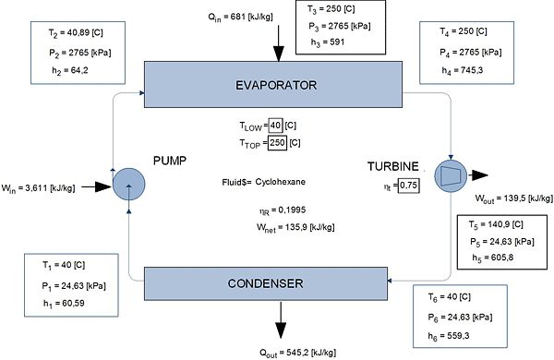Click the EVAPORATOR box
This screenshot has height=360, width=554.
(276, 86)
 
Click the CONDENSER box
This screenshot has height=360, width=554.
(276, 282)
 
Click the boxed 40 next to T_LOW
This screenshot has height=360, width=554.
(274, 126)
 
